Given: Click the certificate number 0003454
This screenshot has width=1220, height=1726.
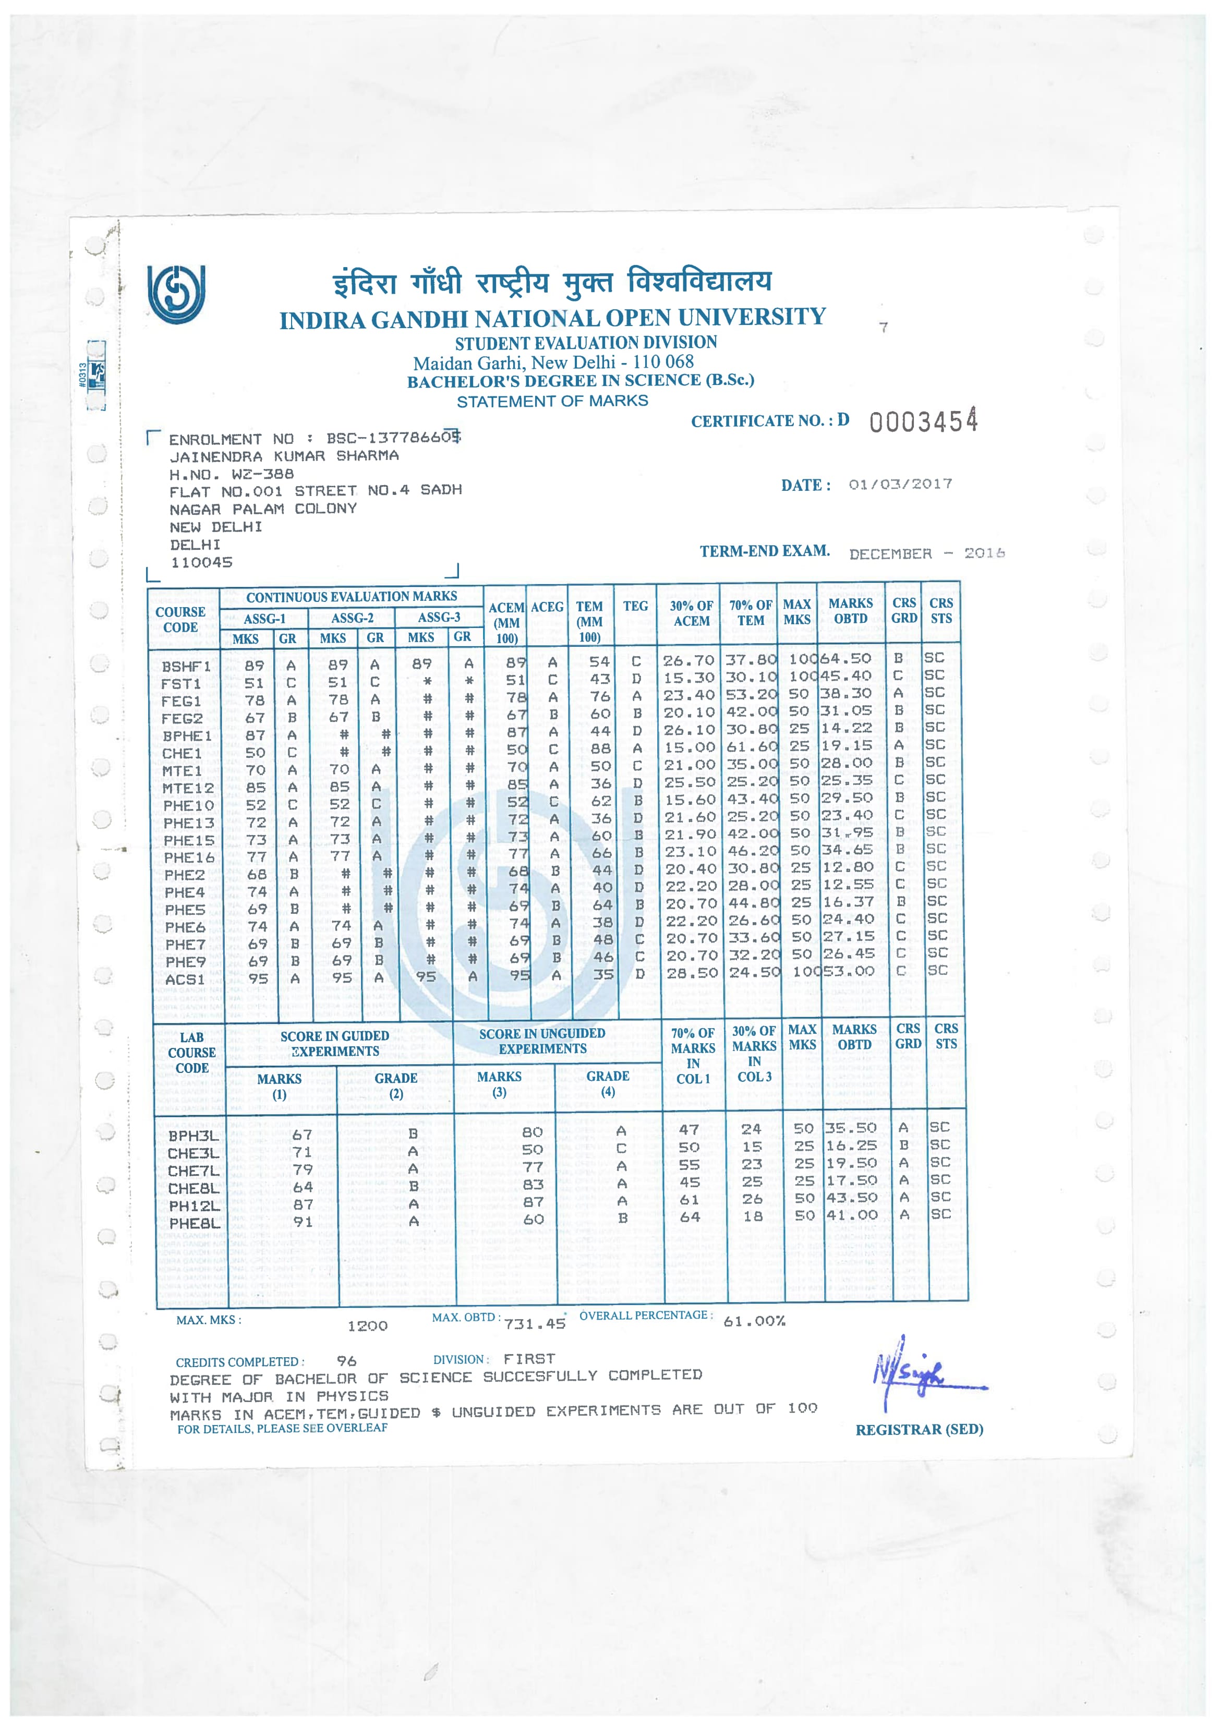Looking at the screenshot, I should tap(923, 421).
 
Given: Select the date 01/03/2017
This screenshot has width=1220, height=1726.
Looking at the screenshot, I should tap(900, 484).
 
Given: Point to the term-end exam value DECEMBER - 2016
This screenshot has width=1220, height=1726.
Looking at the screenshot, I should tap(926, 553).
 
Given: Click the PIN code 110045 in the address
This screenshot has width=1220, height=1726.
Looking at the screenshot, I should tap(201, 562).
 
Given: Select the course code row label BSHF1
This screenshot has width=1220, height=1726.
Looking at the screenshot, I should tap(186, 666).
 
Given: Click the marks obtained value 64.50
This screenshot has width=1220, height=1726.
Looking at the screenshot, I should tap(845, 658).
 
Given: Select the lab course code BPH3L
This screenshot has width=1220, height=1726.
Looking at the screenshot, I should tap(193, 1135).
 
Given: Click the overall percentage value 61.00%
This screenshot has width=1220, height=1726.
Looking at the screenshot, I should tap(754, 1321).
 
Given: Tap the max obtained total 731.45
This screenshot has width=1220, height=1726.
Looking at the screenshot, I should tap(535, 1324).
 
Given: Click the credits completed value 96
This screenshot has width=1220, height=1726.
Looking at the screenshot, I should tap(346, 1361).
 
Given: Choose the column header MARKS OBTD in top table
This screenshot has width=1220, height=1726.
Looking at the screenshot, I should tap(850, 611).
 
